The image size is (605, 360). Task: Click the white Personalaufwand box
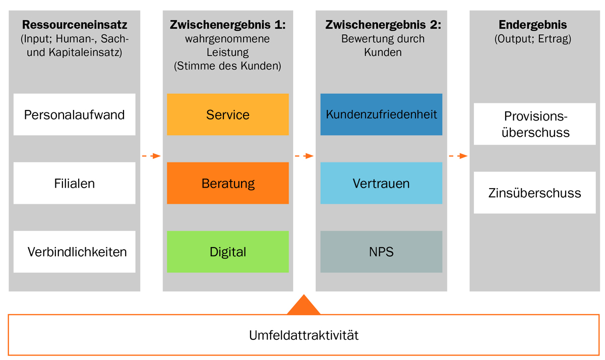[74, 114]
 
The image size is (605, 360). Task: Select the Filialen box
[74, 183]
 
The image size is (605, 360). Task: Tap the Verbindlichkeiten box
[74, 252]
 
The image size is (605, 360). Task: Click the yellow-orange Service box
[228, 114]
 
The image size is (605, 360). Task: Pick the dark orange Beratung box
[228, 183]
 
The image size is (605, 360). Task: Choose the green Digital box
[228, 252]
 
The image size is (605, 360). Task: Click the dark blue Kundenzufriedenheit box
[381, 114]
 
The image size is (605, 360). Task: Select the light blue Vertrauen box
[381, 183]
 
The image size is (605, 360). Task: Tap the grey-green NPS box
[381, 252]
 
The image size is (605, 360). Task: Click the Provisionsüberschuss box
[534, 124]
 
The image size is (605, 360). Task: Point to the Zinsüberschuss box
[534, 193]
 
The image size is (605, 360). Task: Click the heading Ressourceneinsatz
[75, 25]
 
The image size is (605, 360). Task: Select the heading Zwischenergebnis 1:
[228, 25]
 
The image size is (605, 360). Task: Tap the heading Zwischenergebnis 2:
[381, 25]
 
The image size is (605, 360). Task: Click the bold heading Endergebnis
[533, 25]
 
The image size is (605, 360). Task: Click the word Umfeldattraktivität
[304, 335]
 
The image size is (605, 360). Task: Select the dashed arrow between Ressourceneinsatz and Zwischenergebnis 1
[151, 156]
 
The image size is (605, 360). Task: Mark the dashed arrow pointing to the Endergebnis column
[458, 156]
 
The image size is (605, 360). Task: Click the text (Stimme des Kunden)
[228, 66]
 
